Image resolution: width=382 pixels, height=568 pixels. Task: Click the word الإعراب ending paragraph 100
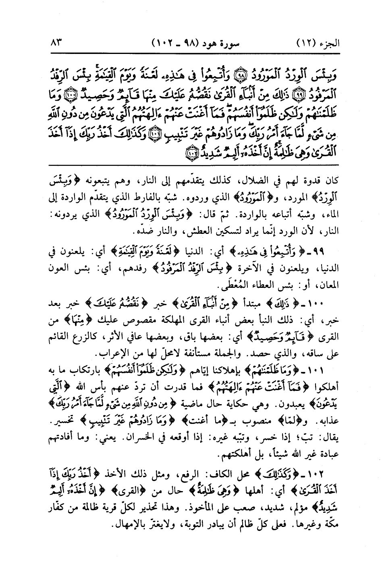click(x=111, y=354)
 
